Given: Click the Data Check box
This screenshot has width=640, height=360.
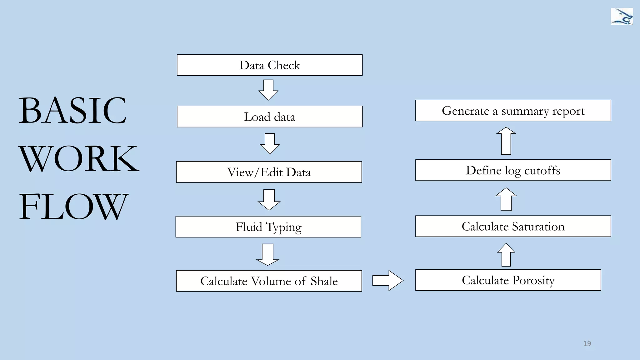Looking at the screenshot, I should tap(269, 65).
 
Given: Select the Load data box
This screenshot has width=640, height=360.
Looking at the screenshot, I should tap(269, 117).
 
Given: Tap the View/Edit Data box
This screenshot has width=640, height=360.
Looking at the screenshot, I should tap(269, 172).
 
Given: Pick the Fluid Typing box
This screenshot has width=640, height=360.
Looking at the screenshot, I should tap(268, 227).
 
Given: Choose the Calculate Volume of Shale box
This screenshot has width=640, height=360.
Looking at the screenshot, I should tap(269, 281).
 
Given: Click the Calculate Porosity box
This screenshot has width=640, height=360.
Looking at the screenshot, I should tap(508, 280).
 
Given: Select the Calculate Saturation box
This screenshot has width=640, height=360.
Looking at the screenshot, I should tap(513, 226).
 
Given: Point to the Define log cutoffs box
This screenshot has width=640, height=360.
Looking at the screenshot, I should tap(513, 170).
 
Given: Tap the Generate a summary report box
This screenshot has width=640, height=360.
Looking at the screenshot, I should tap(513, 111).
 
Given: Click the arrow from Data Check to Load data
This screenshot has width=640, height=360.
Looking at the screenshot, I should tap(268, 90).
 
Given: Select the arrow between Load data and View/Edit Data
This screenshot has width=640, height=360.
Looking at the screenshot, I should tap(270, 144).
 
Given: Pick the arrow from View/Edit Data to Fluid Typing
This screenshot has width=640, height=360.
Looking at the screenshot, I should tap(269, 200).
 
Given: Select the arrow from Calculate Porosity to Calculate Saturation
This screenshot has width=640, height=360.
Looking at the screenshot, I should tap(506, 255).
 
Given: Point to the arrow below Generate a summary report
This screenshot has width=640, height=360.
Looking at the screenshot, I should tap(506, 141).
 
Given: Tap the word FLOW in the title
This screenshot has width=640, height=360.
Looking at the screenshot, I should tap(73, 206).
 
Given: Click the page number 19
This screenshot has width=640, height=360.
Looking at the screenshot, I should tap(587, 343).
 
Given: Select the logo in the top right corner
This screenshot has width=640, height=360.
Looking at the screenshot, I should tap(622, 17).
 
